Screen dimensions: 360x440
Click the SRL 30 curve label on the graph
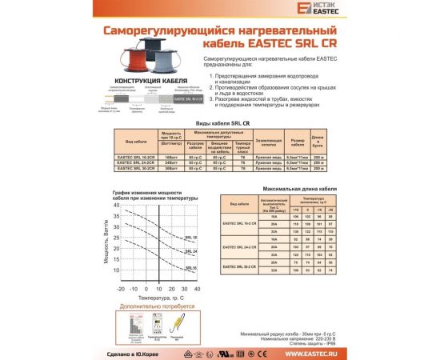point(190,238)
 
